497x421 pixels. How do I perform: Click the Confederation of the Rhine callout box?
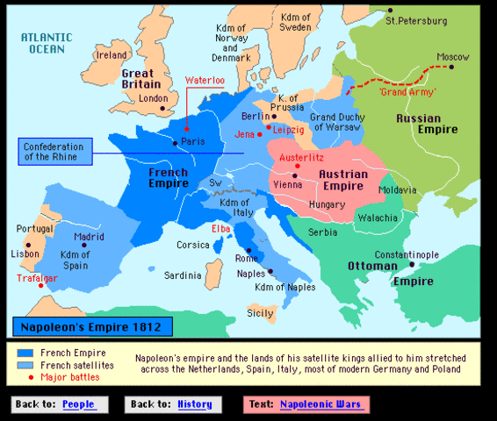pos(59,151)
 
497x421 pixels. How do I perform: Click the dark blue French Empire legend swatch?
pos(25,353)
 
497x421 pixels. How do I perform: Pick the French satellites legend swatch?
pos(25,365)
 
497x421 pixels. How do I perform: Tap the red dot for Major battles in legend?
pos(25,377)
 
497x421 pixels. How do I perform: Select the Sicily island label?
pos(260,312)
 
